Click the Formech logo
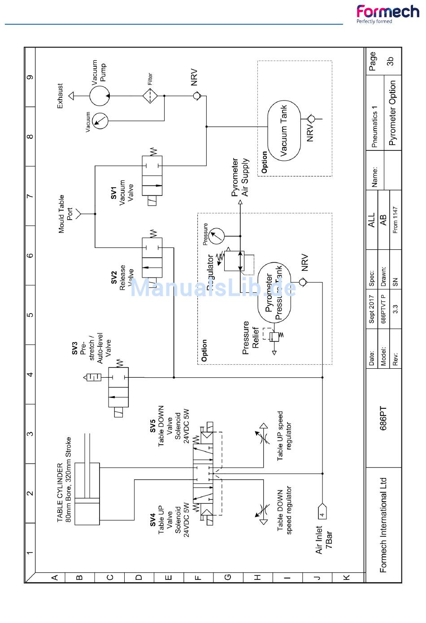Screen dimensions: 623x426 [x=387, y=13]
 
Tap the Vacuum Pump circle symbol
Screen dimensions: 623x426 [x=100, y=96]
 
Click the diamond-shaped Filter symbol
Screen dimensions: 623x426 [x=150, y=96]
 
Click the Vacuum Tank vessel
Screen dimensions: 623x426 [x=284, y=130]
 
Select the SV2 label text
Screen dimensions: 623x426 [x=114, y=277]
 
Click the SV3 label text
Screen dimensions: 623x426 [x=75, y=348]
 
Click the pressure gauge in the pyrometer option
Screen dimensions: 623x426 [x=217, y=235]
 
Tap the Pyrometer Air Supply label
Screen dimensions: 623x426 [x=240, y=177]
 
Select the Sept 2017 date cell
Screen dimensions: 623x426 [x=371, y=311]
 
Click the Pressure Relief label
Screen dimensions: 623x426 [x=251, y=337]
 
